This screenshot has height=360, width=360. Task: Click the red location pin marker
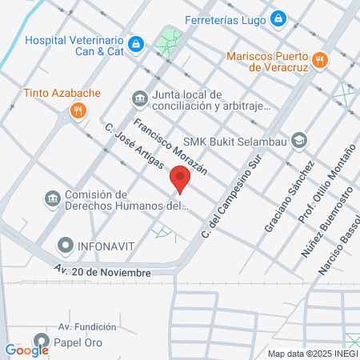pyautogui.click(x=180, y=178)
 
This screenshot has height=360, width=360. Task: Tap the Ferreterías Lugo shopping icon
pyautogui.click(x=278, y=18)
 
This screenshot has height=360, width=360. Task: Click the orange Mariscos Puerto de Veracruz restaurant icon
pyautogui.click(x=319, y=59)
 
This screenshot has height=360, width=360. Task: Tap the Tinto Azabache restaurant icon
pyautogui.click(x=78, y=110)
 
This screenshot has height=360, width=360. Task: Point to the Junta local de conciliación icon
pyautogui.click(x=140, y=99)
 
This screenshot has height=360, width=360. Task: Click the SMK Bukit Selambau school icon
pyautogui.click(x=298, y=140)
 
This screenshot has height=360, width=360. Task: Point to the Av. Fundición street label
pyautogui.click(x=87, y=326)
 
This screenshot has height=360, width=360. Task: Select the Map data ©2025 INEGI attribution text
pyautogui.click(x=310, y=354)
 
